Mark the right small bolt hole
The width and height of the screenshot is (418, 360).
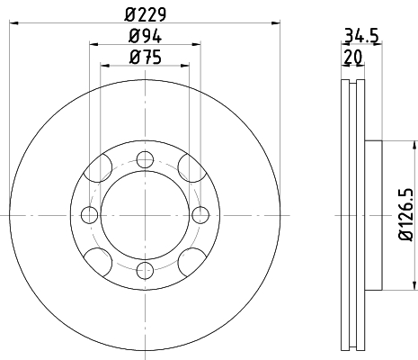point(199,214)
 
